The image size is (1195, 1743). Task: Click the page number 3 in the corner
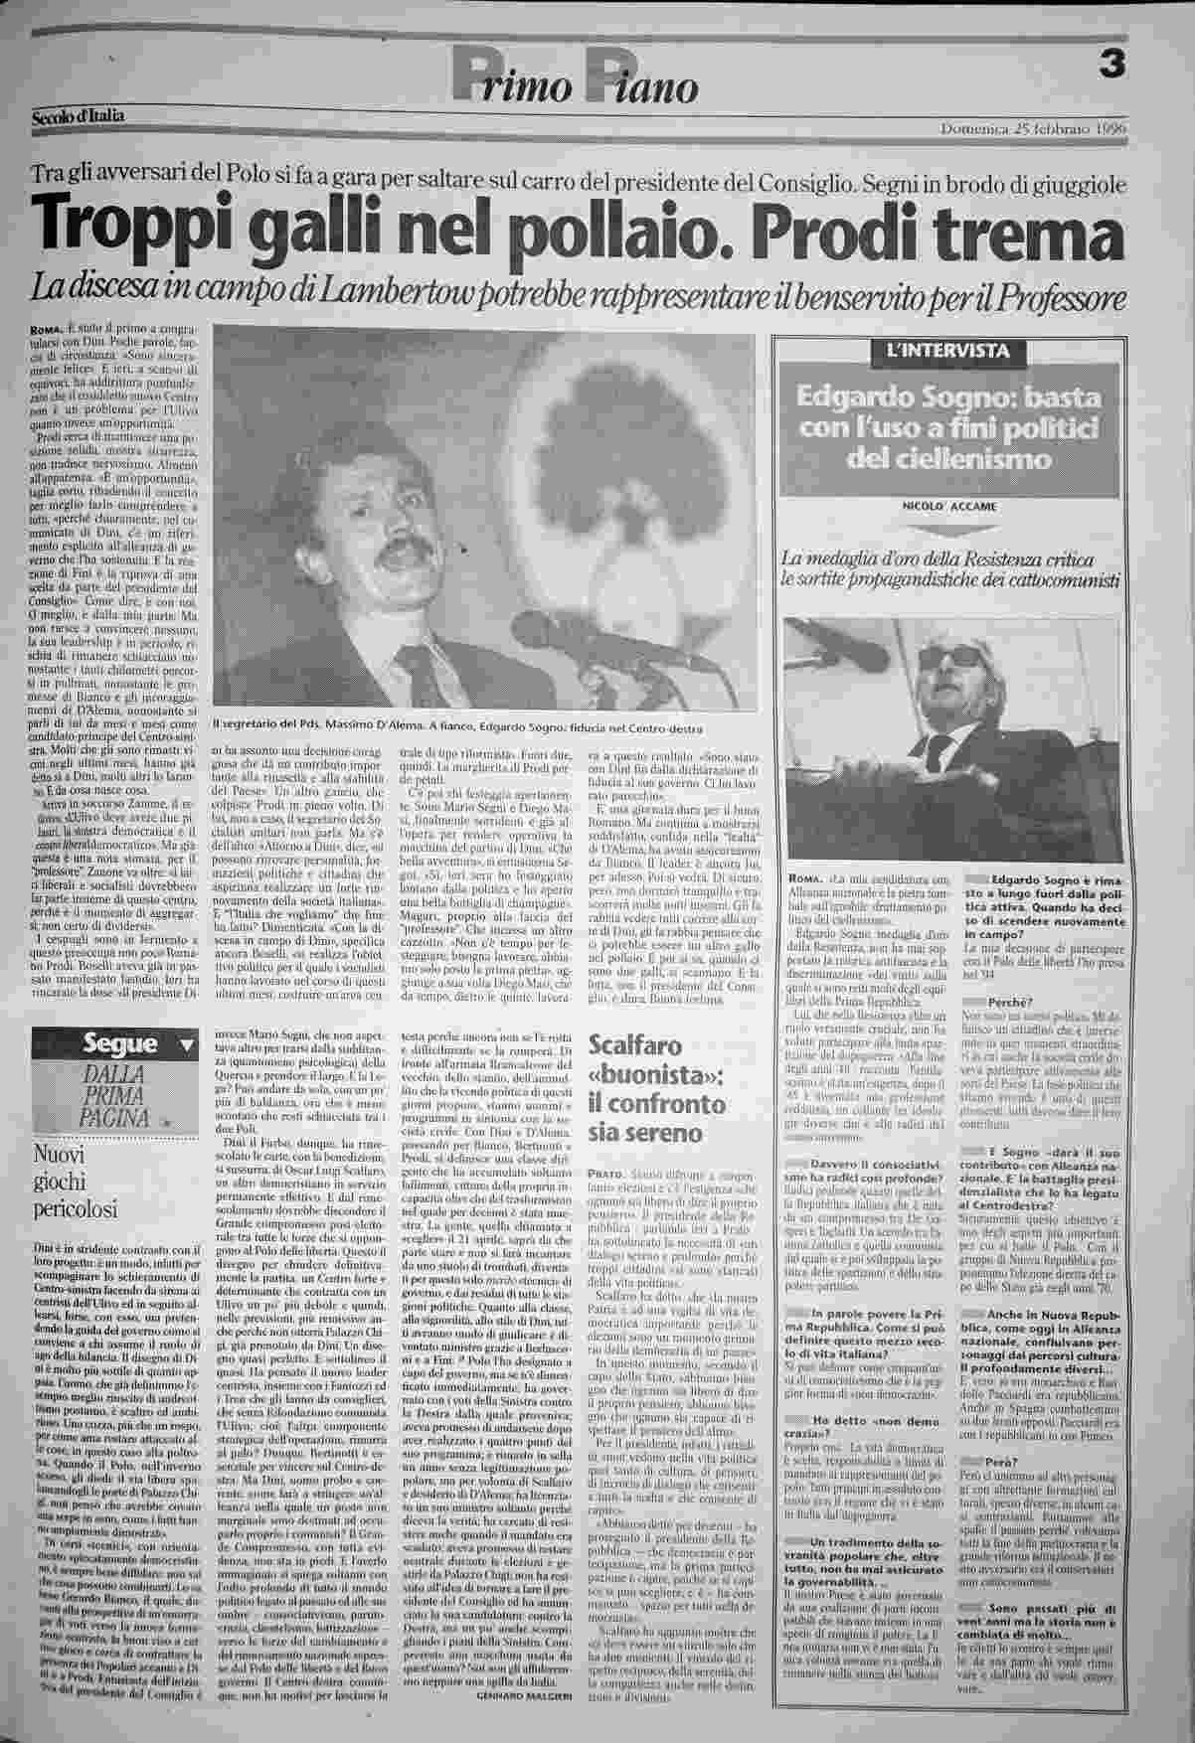pyautogui.click(x=1111, y=65)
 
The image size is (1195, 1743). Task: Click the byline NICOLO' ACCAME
pyautogui.click(x=949, y=507)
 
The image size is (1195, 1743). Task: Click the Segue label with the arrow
pyautogui.click(x=119, y=1044)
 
